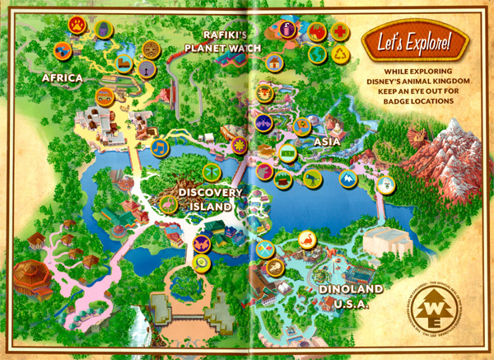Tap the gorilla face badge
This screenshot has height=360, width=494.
pos(102,26)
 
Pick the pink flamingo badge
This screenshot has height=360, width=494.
pos(168,205)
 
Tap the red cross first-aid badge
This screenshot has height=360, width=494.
pos(339,31)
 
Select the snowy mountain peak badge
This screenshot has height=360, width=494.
pos(347,177)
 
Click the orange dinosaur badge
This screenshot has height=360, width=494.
pos(305,240)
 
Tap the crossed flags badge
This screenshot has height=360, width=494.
pos(264,249)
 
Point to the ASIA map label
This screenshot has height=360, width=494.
pos(329,142)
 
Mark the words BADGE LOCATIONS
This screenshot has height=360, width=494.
pos(418,101)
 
